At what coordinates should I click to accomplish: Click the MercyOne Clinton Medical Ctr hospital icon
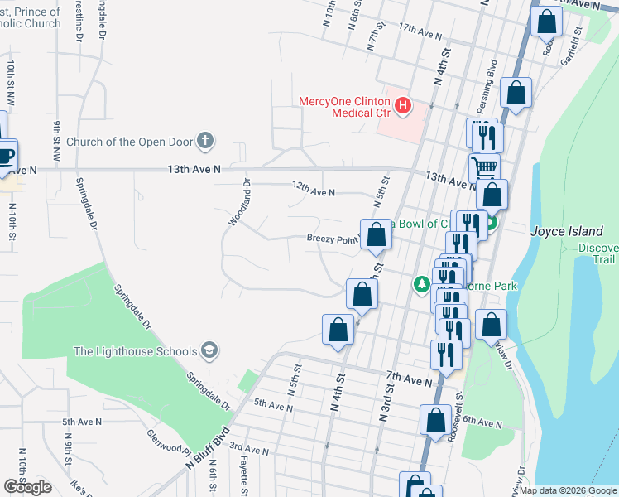(x=402, y=105)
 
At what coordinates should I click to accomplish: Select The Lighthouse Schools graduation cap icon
(x=210, y=350)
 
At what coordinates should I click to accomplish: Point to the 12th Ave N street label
(x=314, y=192)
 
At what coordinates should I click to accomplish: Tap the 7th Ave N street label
(x=409, y=381)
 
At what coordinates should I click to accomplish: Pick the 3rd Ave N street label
(x=249, y=451)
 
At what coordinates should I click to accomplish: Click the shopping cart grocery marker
(x=485, y=168)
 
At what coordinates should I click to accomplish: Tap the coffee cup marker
(x=4, y=155)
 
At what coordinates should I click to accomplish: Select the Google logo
(x=27, y=486)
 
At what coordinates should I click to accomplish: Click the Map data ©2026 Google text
(x=569, y=490)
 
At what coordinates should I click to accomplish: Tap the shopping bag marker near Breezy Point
(x=377, y=234)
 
